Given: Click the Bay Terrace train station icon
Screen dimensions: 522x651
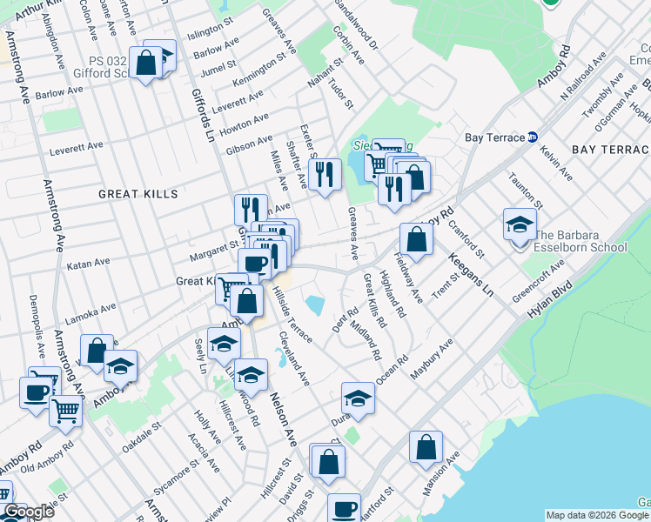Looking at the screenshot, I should click(x=534, y=137).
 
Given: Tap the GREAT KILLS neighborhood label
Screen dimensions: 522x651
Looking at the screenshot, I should click(x=138, y=193).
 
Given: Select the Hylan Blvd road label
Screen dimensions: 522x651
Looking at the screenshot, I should click(x=549, y=301).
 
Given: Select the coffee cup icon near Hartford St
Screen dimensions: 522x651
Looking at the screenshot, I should click(x=344, y=508).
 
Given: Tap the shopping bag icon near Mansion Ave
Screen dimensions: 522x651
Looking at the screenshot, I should click(x=426, y=448).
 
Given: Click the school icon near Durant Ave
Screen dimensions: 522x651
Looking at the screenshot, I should click(x=357, y=398).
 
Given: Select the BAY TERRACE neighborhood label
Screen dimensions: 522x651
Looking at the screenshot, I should click(x=611, y=151).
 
